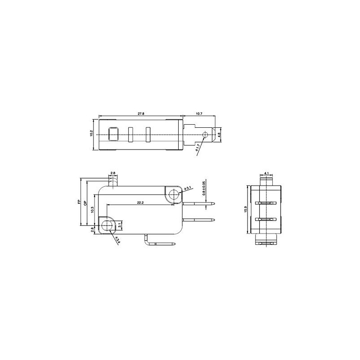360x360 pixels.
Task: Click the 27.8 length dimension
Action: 140,114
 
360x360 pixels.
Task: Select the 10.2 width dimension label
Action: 91,133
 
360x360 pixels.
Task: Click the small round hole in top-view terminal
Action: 206,134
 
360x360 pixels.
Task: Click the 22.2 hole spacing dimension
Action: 139,203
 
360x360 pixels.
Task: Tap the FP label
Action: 79,202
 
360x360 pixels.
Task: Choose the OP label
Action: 85,202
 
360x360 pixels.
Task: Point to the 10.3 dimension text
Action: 92,210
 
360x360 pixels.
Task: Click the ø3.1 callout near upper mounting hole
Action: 189,187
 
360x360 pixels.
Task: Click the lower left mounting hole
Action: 108,225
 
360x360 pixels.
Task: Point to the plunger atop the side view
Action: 113,181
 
